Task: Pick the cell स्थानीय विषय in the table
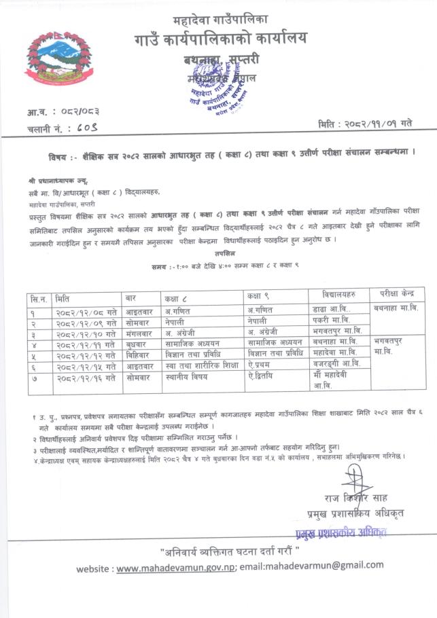tap(188, 376)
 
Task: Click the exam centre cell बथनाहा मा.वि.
tap(398, 310)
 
